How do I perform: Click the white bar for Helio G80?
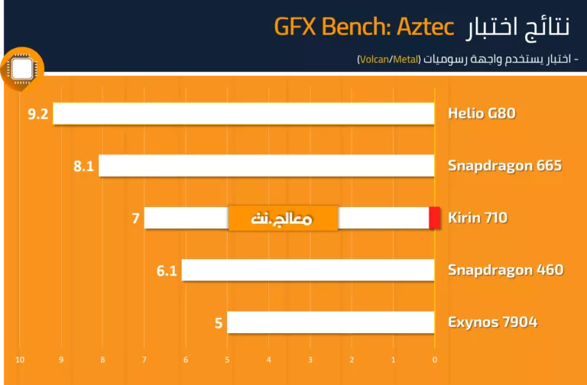click(x=244, y=113)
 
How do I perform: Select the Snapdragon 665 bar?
click(x=267, y=165)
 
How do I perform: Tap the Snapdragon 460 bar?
click(x=308, y=270)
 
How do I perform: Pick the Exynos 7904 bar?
click(x=330, y=322)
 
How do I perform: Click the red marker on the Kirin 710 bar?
click(x=435, y=218)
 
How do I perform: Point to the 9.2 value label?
click(x=38, y=114)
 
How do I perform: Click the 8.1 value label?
click(x=83, y=166)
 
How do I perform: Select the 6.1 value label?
click(x=167, y=270)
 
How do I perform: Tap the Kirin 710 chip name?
click(x=478, y=218)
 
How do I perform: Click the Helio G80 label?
click(x=482, y=113)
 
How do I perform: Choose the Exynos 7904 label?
click(x=493, y=322)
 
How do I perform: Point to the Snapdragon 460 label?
click(x=506, y=270)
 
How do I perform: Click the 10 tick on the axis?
click(x=20, y=360)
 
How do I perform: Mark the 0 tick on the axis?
click(x=435, y=360)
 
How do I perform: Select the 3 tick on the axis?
click(x=310, y=360)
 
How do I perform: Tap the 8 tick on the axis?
click(x=102, y=360)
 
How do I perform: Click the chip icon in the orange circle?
click(x=22, y=70)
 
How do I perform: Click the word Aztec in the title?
click(x=425, y=26)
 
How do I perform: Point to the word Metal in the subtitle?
click(x=405, y=60)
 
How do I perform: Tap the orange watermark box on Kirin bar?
click(x=283, y=218)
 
